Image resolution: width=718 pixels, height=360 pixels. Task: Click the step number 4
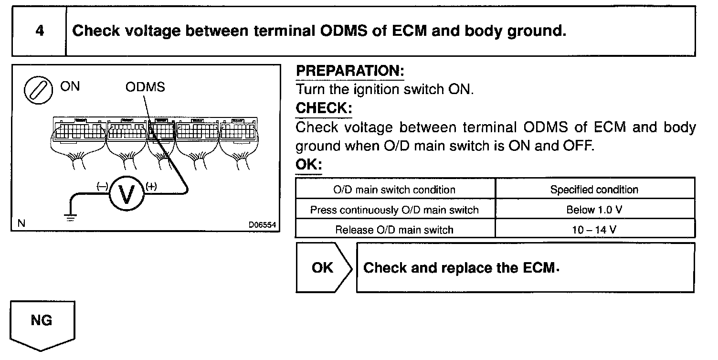40,31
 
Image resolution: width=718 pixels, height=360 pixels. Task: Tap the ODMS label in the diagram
145,87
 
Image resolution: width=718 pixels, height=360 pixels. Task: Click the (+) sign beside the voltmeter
151,186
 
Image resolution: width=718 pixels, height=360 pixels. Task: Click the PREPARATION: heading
350,71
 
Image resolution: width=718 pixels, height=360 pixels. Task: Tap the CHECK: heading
324,108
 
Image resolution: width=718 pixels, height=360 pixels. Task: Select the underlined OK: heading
309,165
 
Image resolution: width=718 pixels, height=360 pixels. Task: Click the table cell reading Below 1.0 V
595,210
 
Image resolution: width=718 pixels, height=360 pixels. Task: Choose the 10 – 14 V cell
595,230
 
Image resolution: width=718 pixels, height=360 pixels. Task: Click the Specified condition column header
594,190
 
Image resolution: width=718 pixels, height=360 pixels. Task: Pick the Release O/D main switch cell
394,230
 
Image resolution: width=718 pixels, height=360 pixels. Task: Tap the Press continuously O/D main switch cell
394,210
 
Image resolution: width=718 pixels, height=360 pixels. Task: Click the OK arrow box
323,267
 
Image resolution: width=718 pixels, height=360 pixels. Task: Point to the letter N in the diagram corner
21,222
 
